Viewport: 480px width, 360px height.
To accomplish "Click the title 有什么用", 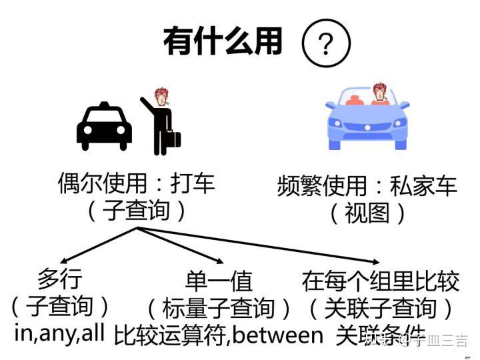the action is click(223, 41).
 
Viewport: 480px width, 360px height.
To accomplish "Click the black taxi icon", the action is click(104, 127).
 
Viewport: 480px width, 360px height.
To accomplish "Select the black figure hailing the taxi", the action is click(157, 123).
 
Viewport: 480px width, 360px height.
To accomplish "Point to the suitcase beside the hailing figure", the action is click(173, 139).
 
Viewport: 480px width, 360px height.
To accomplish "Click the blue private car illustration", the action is click(367, 120).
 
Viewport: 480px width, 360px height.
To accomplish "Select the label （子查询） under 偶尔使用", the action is click(137, 211).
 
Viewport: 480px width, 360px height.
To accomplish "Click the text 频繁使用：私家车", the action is click(367, 185).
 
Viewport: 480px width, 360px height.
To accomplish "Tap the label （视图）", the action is click(367, 213).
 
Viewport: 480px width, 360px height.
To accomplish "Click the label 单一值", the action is click(219, 281).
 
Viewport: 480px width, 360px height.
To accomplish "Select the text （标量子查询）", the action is click(219, 307).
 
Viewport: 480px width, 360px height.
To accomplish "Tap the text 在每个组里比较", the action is click(380, 281).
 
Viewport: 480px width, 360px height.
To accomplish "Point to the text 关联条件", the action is click(381, 333).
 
